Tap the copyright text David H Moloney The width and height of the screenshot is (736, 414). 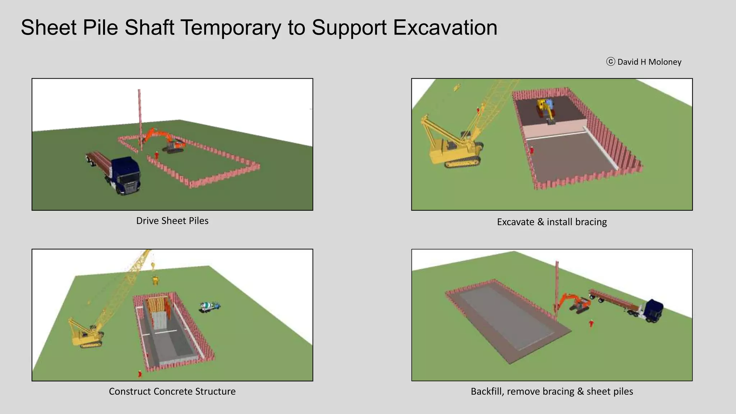coord(649,62)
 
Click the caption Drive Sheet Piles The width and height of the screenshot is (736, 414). coord(172,221)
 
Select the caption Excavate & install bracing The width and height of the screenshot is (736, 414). coord(552,222)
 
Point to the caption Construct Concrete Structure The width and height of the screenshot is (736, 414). coord(172,391)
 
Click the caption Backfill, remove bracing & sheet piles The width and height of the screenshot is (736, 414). coord(552,391)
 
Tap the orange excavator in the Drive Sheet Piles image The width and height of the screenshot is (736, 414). coord(172,143)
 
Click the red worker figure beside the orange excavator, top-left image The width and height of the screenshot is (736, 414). coord(156,155)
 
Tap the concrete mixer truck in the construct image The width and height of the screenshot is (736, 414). coord(210,306)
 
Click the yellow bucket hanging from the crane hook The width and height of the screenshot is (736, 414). coord(155,280)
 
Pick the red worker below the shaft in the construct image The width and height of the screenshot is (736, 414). coord(140,374)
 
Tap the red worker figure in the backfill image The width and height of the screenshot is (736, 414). coord(591,324)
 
